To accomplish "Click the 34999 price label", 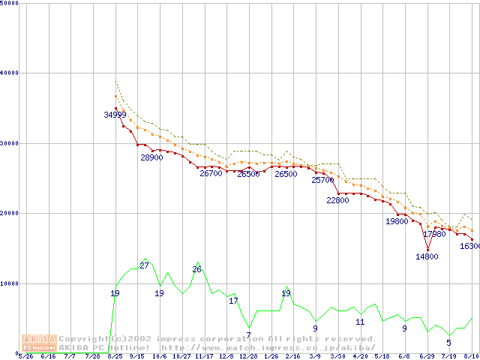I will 115,115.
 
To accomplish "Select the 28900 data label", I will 151,157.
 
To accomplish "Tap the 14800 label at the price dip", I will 427,256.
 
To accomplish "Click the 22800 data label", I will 337,200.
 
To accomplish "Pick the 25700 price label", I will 322,180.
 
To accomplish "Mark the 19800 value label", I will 397,221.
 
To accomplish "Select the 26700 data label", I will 211,173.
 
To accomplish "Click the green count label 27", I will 144,265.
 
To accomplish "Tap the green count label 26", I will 196,269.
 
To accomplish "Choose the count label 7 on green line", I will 248,334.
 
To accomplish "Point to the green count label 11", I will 360,322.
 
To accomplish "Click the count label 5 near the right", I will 448,343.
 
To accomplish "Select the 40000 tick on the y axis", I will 10,73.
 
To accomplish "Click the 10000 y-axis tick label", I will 10,283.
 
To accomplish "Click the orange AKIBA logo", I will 39,342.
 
